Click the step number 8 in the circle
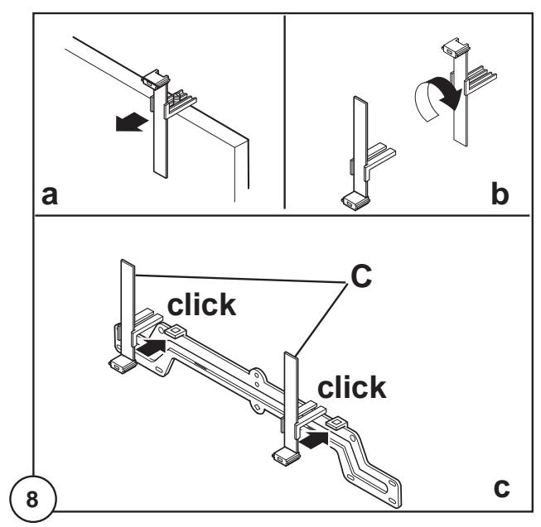pos(32,499)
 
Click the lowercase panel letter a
pos(50,195)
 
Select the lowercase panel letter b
pos(500,194)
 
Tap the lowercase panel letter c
pos(501,488)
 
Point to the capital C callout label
pos(361,275)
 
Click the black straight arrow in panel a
pos(132,123)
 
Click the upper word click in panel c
pos(201,304)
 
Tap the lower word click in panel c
pos(351,387)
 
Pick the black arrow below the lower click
pos(313,440)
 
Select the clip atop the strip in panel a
pos(155,79)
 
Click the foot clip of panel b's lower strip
pos(355,201)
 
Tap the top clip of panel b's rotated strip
pos(456,47)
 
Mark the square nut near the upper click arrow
pos(176,332)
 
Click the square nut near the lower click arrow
pos(336,424)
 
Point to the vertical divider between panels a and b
pos(285,112)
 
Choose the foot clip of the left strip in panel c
pos(123,366)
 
